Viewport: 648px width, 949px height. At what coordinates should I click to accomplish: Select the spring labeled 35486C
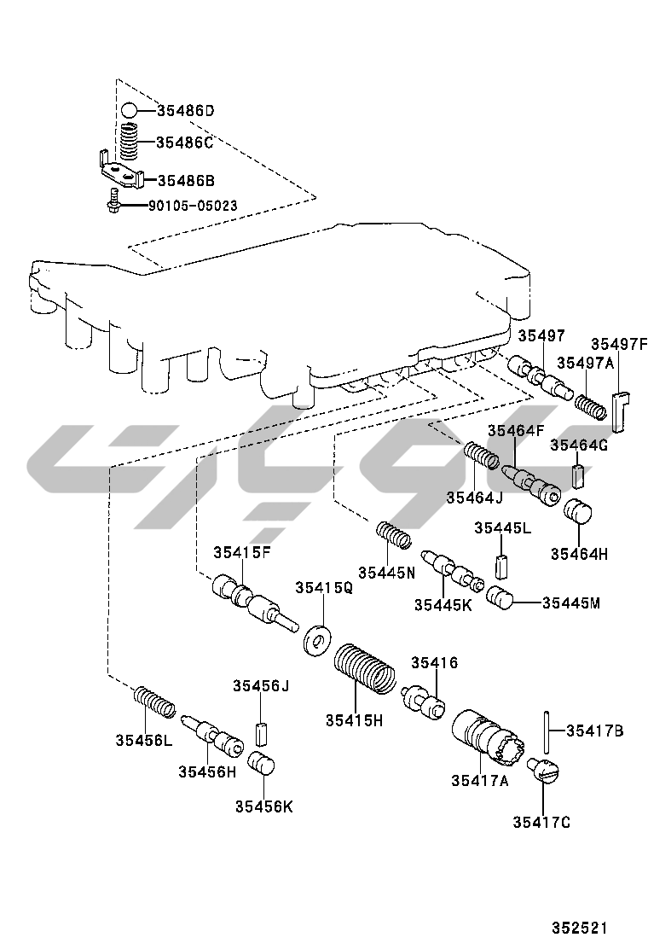[x=128, y=142]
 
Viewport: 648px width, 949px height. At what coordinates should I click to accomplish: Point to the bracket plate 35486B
[x=119, y=174]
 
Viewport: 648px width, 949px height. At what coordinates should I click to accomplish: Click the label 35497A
[x=584, y=362]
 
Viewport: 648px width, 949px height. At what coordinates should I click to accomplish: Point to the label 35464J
[x=474, y=497]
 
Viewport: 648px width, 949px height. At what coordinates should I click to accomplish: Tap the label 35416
[x=435, y=662]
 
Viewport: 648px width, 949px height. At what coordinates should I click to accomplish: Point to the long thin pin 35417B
[x=542, y=731]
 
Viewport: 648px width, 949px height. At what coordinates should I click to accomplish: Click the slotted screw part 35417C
[x=543, y=770]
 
